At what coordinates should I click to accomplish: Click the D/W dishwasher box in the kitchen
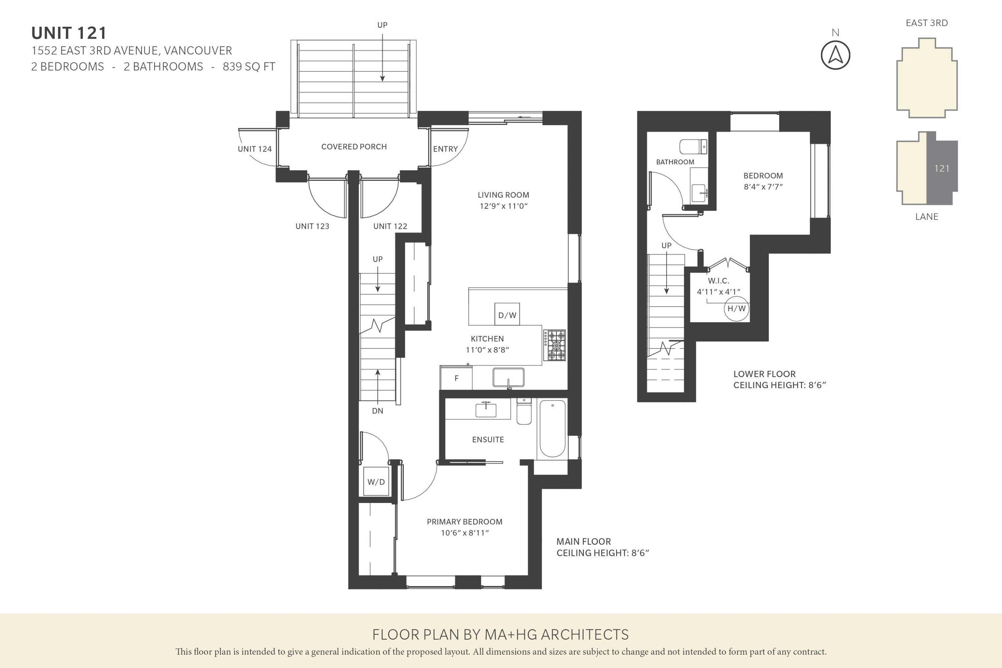507,314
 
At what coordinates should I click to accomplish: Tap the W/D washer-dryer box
376,481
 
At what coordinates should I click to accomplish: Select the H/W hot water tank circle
736,308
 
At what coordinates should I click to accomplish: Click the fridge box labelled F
456,378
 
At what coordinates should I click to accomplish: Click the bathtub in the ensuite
552,428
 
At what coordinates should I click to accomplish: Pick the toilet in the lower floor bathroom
693,147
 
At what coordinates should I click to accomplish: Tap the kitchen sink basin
508,377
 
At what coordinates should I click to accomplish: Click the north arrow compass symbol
835,55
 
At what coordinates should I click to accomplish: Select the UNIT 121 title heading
69,33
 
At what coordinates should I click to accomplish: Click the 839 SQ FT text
249,67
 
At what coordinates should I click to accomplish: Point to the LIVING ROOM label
503,195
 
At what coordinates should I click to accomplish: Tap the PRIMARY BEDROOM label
464,522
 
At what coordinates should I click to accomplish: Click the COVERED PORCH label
354,147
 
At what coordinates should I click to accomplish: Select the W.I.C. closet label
718,281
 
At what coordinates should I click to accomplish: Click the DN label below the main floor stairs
377,411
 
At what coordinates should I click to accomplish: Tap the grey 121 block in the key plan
942,168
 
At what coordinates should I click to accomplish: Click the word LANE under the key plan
927,216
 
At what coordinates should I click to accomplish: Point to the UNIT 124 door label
254,149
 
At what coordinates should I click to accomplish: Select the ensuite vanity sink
486,410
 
